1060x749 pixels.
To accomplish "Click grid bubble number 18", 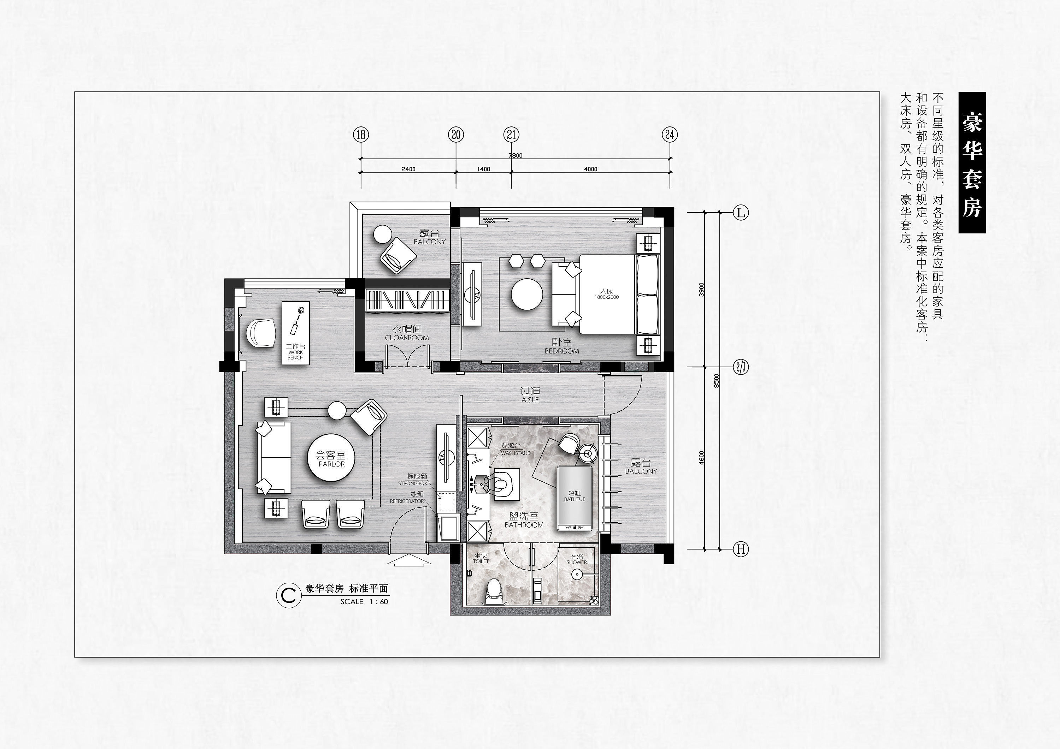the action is (x=361, y=135).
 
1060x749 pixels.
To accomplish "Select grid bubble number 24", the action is (x=670, y=135).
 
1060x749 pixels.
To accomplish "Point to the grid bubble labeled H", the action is (x=741, y=549).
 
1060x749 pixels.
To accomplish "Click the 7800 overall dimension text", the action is (x=516, y=155).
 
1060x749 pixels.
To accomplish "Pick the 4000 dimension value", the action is (x=590, y=169).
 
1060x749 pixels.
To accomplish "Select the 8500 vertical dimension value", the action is (x=717, y=380).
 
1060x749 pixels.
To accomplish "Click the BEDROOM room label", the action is (x=562, y=351).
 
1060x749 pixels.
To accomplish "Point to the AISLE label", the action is (x=530, y=400).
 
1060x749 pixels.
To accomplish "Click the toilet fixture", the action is (x=494, y=591).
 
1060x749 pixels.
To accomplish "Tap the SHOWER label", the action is (x=577, y=562).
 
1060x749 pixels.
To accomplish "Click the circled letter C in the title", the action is (x=289, y=595).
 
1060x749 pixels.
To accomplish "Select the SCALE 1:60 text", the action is (x=364, y=602).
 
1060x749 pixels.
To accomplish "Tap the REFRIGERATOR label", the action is (x=407, y=501).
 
